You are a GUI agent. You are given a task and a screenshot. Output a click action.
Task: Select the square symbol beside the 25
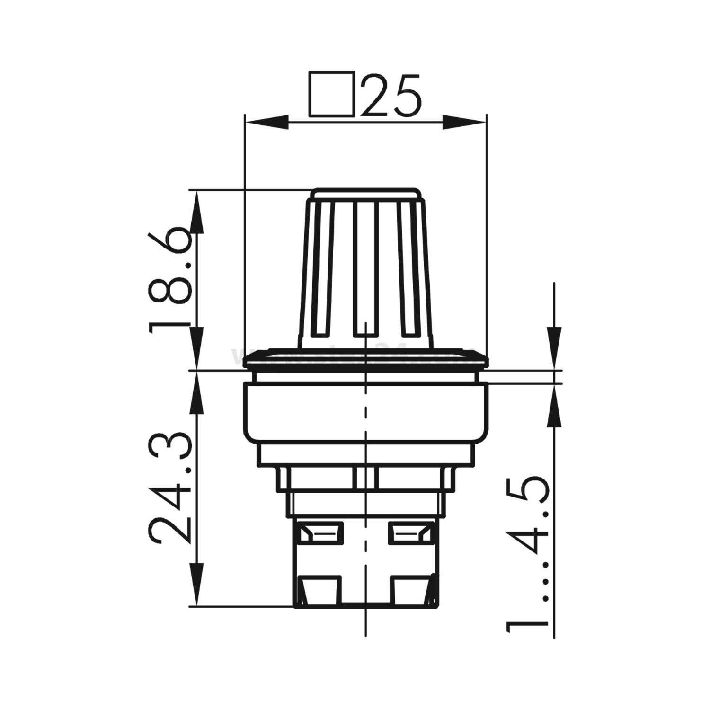click(x=331, y=94)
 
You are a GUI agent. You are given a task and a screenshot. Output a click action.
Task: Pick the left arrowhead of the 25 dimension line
click(x=265, y=122)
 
